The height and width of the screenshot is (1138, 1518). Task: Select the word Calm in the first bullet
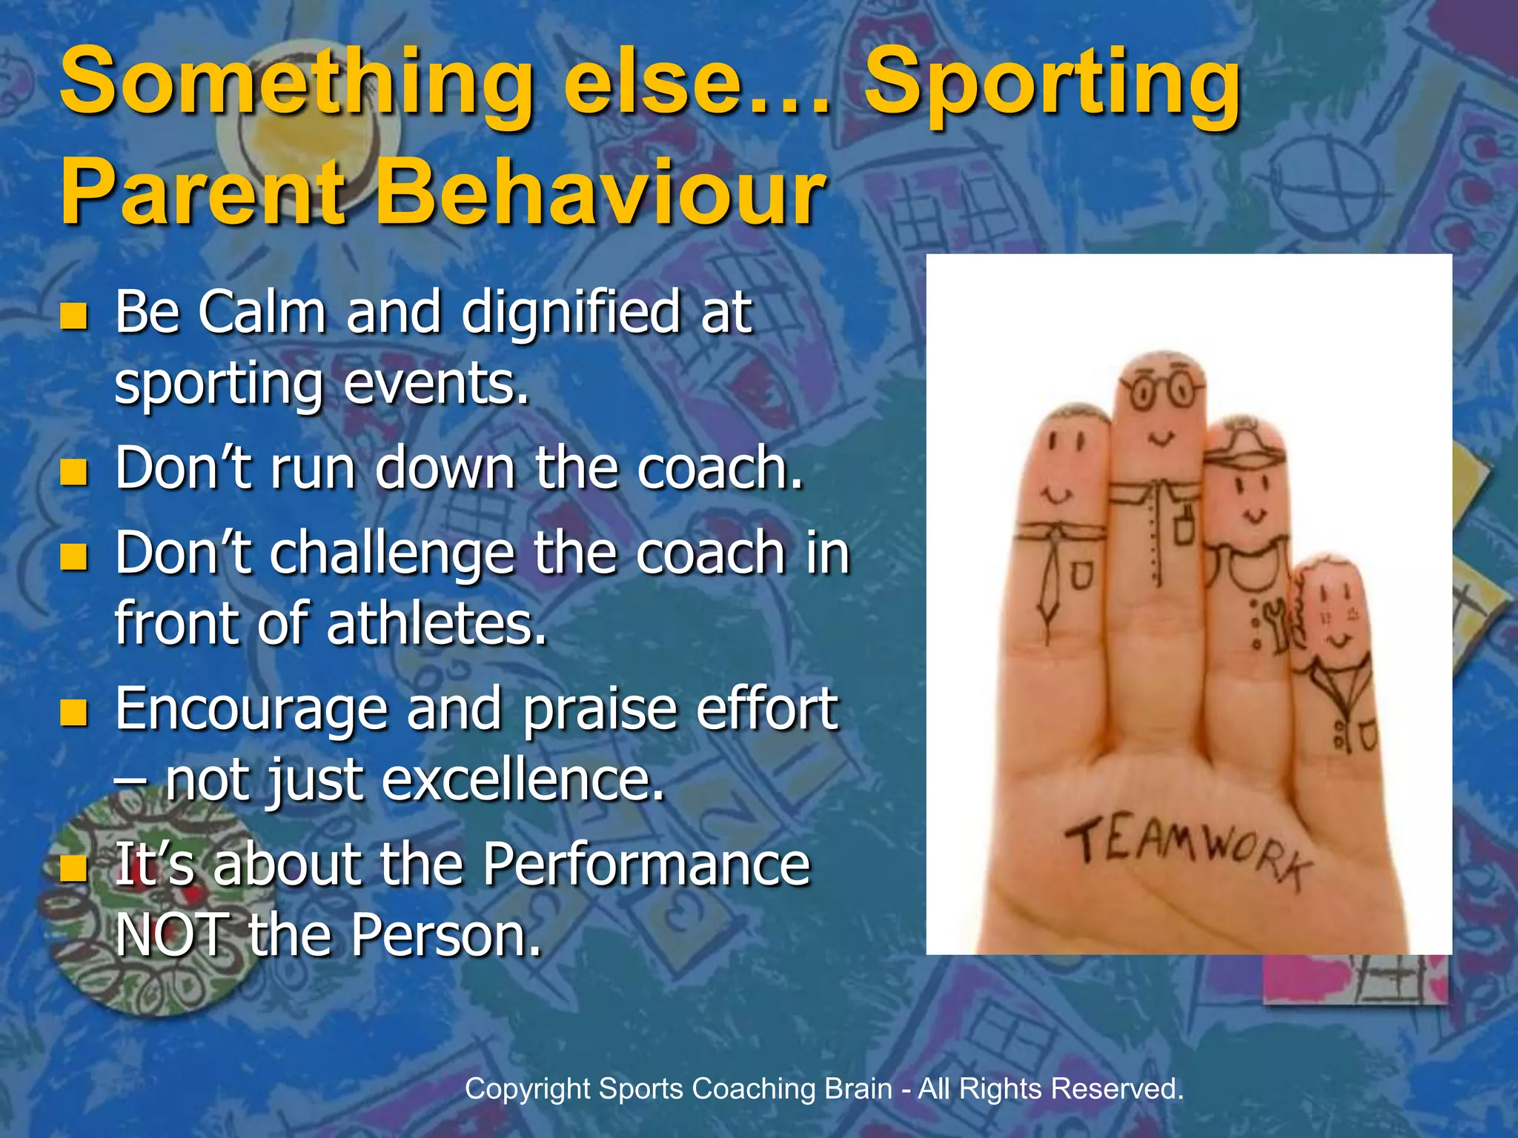[262, 312]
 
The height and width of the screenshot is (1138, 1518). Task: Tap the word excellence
[523, 781]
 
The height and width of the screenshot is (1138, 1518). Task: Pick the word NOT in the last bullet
[172, 935]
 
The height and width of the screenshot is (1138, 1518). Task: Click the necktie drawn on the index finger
[1050, 585]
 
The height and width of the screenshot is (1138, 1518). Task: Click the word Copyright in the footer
[527, 1089]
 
